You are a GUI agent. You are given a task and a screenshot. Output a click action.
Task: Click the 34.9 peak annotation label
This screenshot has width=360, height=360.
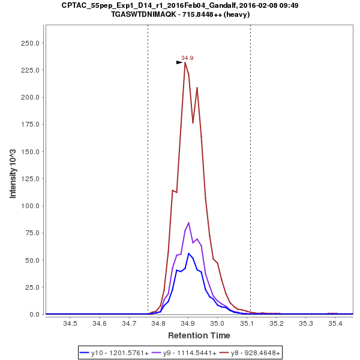coord(187,58)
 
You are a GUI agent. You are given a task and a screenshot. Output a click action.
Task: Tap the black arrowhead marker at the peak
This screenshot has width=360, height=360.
coord(179,62)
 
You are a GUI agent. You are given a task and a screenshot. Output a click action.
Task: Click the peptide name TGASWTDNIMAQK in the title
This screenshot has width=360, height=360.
coord(147,14)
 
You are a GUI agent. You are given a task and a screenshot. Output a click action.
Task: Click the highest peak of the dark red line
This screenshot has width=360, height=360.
coord(185,62)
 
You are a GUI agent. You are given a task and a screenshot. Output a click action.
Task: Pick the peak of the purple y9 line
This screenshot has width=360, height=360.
coord(188,223)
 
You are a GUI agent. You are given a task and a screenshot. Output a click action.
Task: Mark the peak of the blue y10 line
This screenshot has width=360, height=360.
coord(188,253)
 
